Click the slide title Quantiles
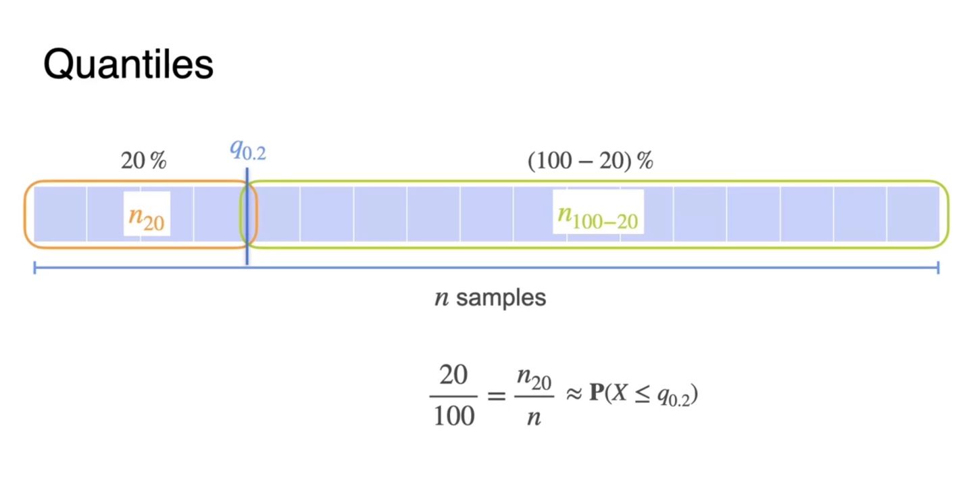pos(128,65)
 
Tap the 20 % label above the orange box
pos(143,162)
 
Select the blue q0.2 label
pos(248,150)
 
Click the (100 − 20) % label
pos(590,162)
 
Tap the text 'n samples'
pos(490,297)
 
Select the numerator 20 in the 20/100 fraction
pos(453,377)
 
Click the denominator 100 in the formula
pos(454,414)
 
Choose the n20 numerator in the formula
pos(534,378)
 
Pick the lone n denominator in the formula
pos(534,417)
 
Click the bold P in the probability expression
pos(595,395)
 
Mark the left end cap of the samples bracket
pos(35,269)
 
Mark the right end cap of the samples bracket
pos(938,269)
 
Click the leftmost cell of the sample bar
pos(61,214)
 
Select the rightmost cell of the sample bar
pos(914,214)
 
